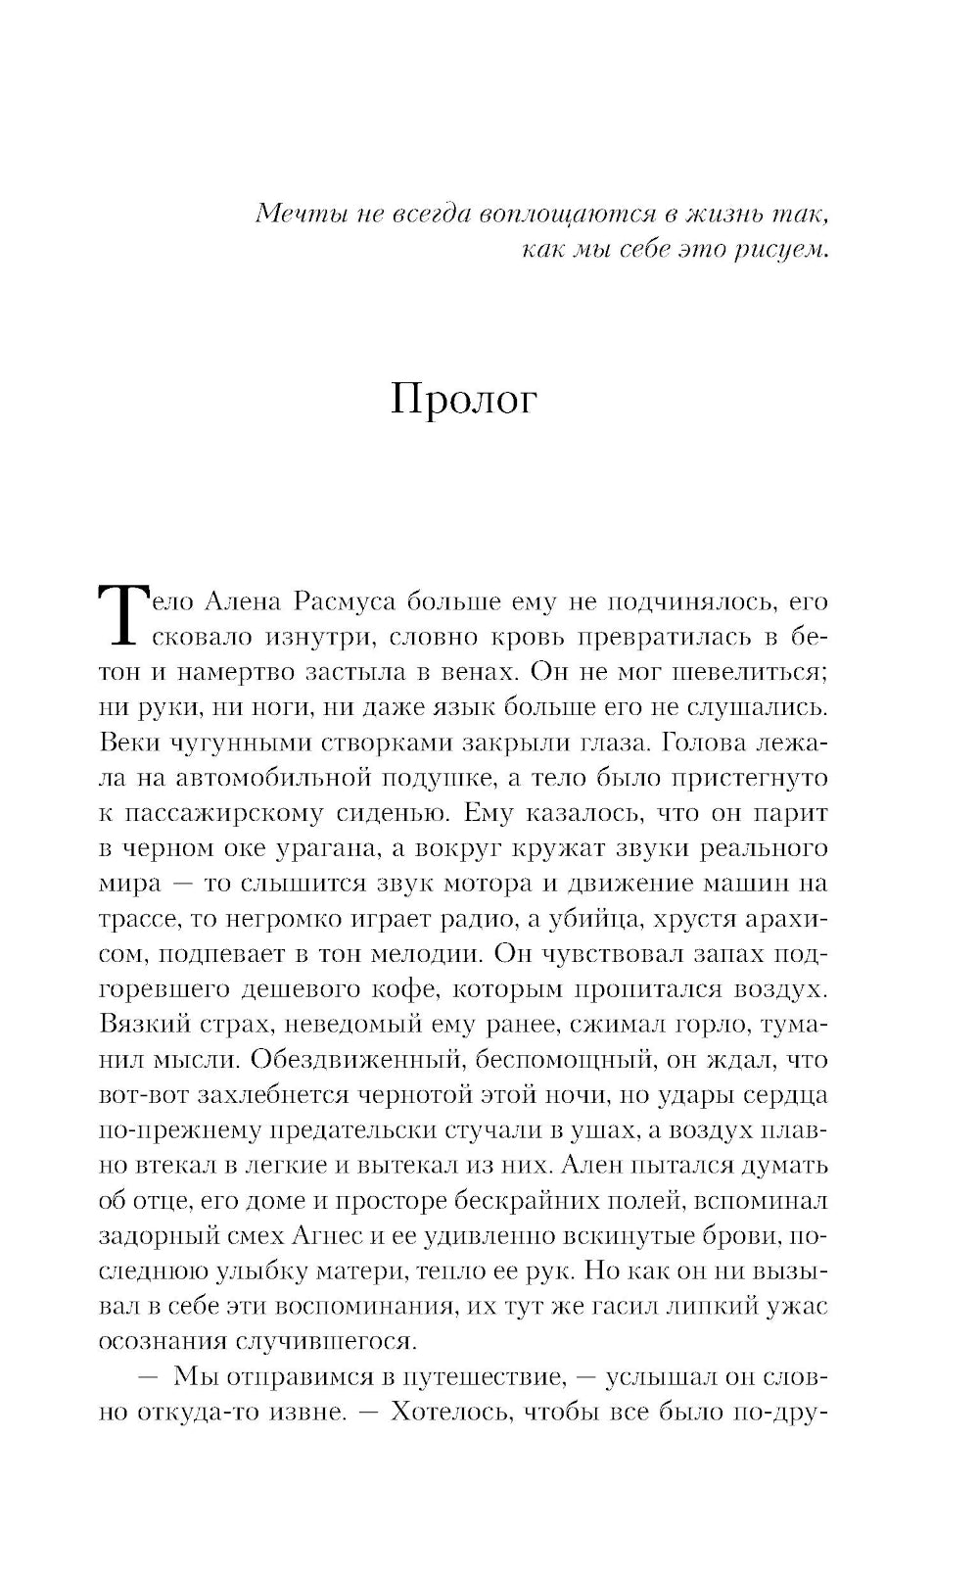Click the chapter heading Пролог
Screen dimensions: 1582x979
(x=464, y=400)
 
